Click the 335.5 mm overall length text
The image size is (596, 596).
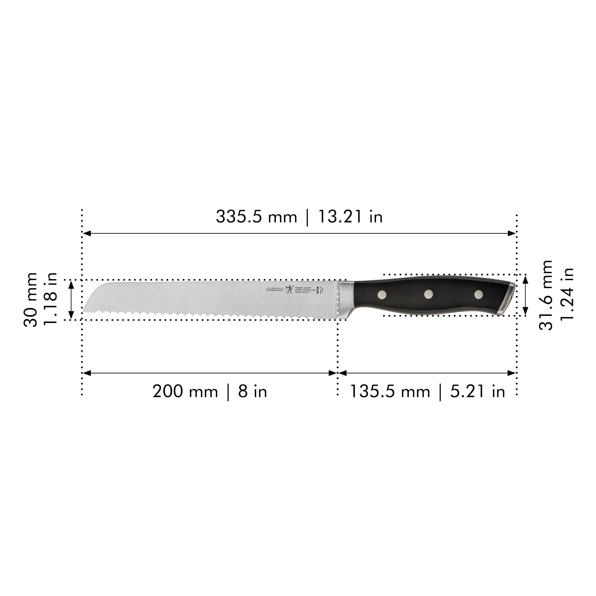256,217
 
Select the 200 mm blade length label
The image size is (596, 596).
185,392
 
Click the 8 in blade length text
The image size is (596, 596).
252,392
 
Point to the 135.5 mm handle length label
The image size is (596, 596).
389,392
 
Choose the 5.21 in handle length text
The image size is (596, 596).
477,392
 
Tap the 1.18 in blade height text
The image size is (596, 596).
50,299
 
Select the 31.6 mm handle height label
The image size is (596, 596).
546,295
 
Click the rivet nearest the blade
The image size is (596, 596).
382,295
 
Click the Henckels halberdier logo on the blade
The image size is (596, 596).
289,289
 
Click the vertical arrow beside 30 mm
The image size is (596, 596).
71,299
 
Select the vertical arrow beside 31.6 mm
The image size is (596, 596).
526,296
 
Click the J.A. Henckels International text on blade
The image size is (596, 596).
274,289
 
